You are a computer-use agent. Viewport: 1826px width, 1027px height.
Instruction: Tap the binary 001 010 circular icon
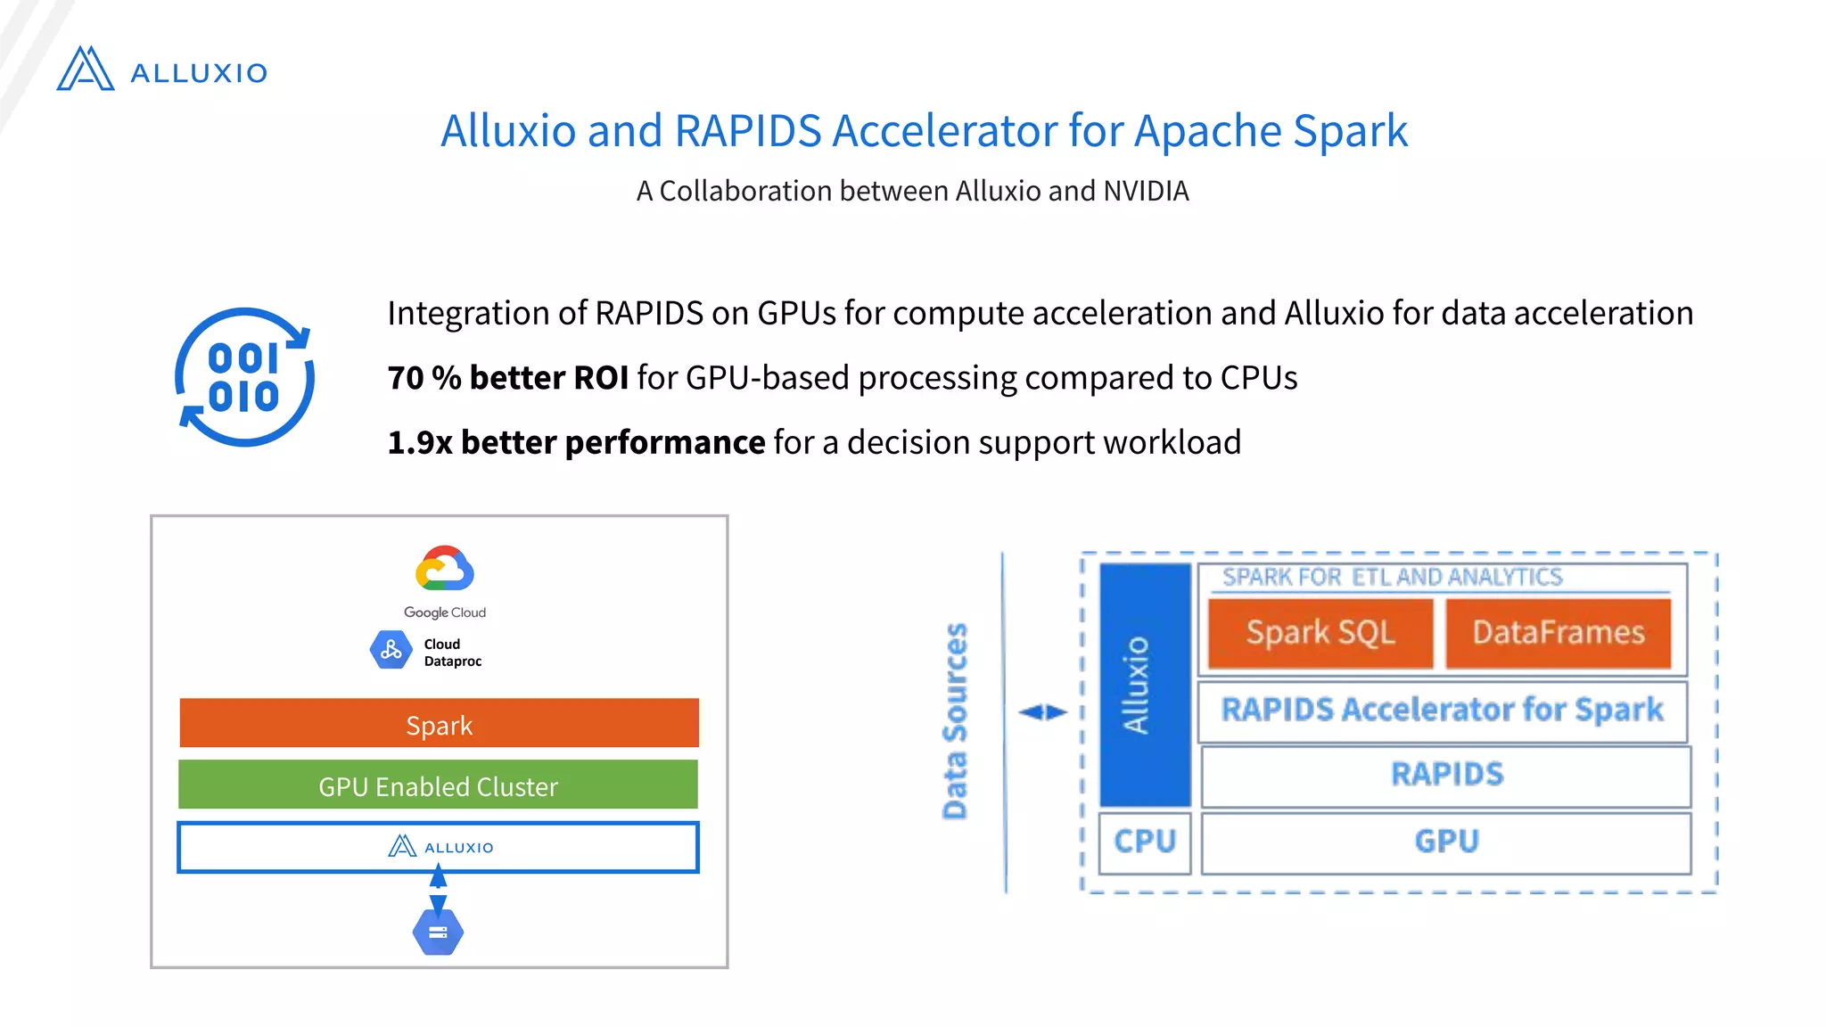pyautogui.click(x=244, y=377)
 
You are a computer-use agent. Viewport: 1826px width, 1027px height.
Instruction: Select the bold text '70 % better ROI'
pyautogui.click(x=507, y=378)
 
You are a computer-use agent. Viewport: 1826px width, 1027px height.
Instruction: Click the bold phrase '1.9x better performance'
pyautogui.click(x=576, y=442)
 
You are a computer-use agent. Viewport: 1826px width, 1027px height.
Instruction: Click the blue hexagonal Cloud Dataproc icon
pyautogui.click(x=391, y=650)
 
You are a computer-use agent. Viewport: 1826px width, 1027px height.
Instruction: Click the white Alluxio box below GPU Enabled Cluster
pyautogui.click(x=438, y=847)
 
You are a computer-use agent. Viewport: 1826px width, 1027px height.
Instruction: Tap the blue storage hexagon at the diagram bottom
pyautogui.click(x=438, y=932)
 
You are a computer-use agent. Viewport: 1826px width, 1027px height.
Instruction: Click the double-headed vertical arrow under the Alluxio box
pyautogui.click(x=438, y=890)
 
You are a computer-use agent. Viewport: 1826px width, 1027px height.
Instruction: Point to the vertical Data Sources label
pyautogui.click(x=955, y=720)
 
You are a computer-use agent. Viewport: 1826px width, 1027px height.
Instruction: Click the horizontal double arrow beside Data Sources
pyautogui.click(x=1042, y=711)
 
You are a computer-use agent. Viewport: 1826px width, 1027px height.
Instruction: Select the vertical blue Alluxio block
pyautogui.click(x=1144, y=685)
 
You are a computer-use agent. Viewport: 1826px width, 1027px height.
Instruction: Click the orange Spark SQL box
pyautogui.click(x=1320, y=633)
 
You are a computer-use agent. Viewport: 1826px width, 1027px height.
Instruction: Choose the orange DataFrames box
pyautogui.click(x=1558, y=633)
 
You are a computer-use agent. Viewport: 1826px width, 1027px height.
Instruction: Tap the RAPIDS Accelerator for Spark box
pyautogui.click(x=1442, y=711)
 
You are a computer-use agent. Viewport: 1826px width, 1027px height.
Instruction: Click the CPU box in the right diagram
pyautogui.click(x=1145, y=841)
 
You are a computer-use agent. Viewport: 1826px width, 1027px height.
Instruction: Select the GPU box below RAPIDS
pyautogui.click(x=1445, y=841)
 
